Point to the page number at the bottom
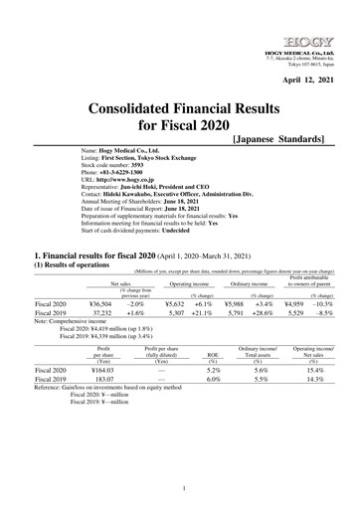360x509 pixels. pos(179,488)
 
